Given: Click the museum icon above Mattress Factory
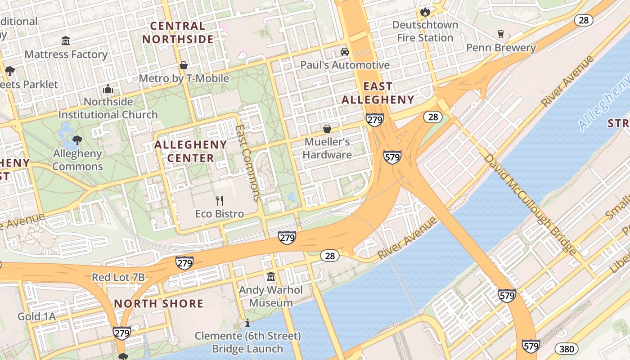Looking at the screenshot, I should point(66,41).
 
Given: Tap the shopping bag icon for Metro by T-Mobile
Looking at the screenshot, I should point(184,65).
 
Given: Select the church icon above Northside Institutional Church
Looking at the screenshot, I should point(108,89).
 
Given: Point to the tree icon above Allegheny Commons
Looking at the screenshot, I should point(77,140).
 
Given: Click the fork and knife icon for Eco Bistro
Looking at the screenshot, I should point(220,200).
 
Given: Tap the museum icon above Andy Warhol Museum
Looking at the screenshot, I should point(271,276).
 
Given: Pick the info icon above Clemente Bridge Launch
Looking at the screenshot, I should point(247,323).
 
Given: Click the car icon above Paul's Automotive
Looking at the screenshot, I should point(345,52).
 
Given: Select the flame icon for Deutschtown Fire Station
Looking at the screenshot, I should point(425,11).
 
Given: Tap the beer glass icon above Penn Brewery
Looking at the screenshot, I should point(500,34).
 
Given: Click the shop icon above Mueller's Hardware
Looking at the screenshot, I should point(327,129).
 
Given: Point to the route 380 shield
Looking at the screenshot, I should point(566,349).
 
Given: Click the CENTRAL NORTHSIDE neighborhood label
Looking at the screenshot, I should point(178,32).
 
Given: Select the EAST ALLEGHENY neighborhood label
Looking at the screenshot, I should point(378,93).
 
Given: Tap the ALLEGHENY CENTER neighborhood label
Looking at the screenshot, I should point(191,151).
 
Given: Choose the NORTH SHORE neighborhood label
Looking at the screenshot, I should point(159,303).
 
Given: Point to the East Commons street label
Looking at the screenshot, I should point(248,162).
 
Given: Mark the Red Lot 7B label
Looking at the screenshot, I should point(118,277).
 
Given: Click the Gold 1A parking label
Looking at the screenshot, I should point(37,317).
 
